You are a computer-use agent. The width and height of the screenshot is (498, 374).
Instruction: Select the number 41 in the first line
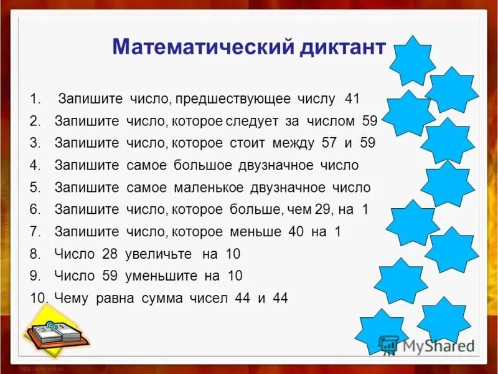(x=352, y=99)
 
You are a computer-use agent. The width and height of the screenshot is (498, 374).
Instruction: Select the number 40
(x=295, y=231)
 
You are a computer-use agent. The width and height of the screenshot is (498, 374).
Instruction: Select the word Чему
(x=72, y=298)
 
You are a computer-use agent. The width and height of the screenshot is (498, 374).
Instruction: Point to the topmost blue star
(x=411, y=60)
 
